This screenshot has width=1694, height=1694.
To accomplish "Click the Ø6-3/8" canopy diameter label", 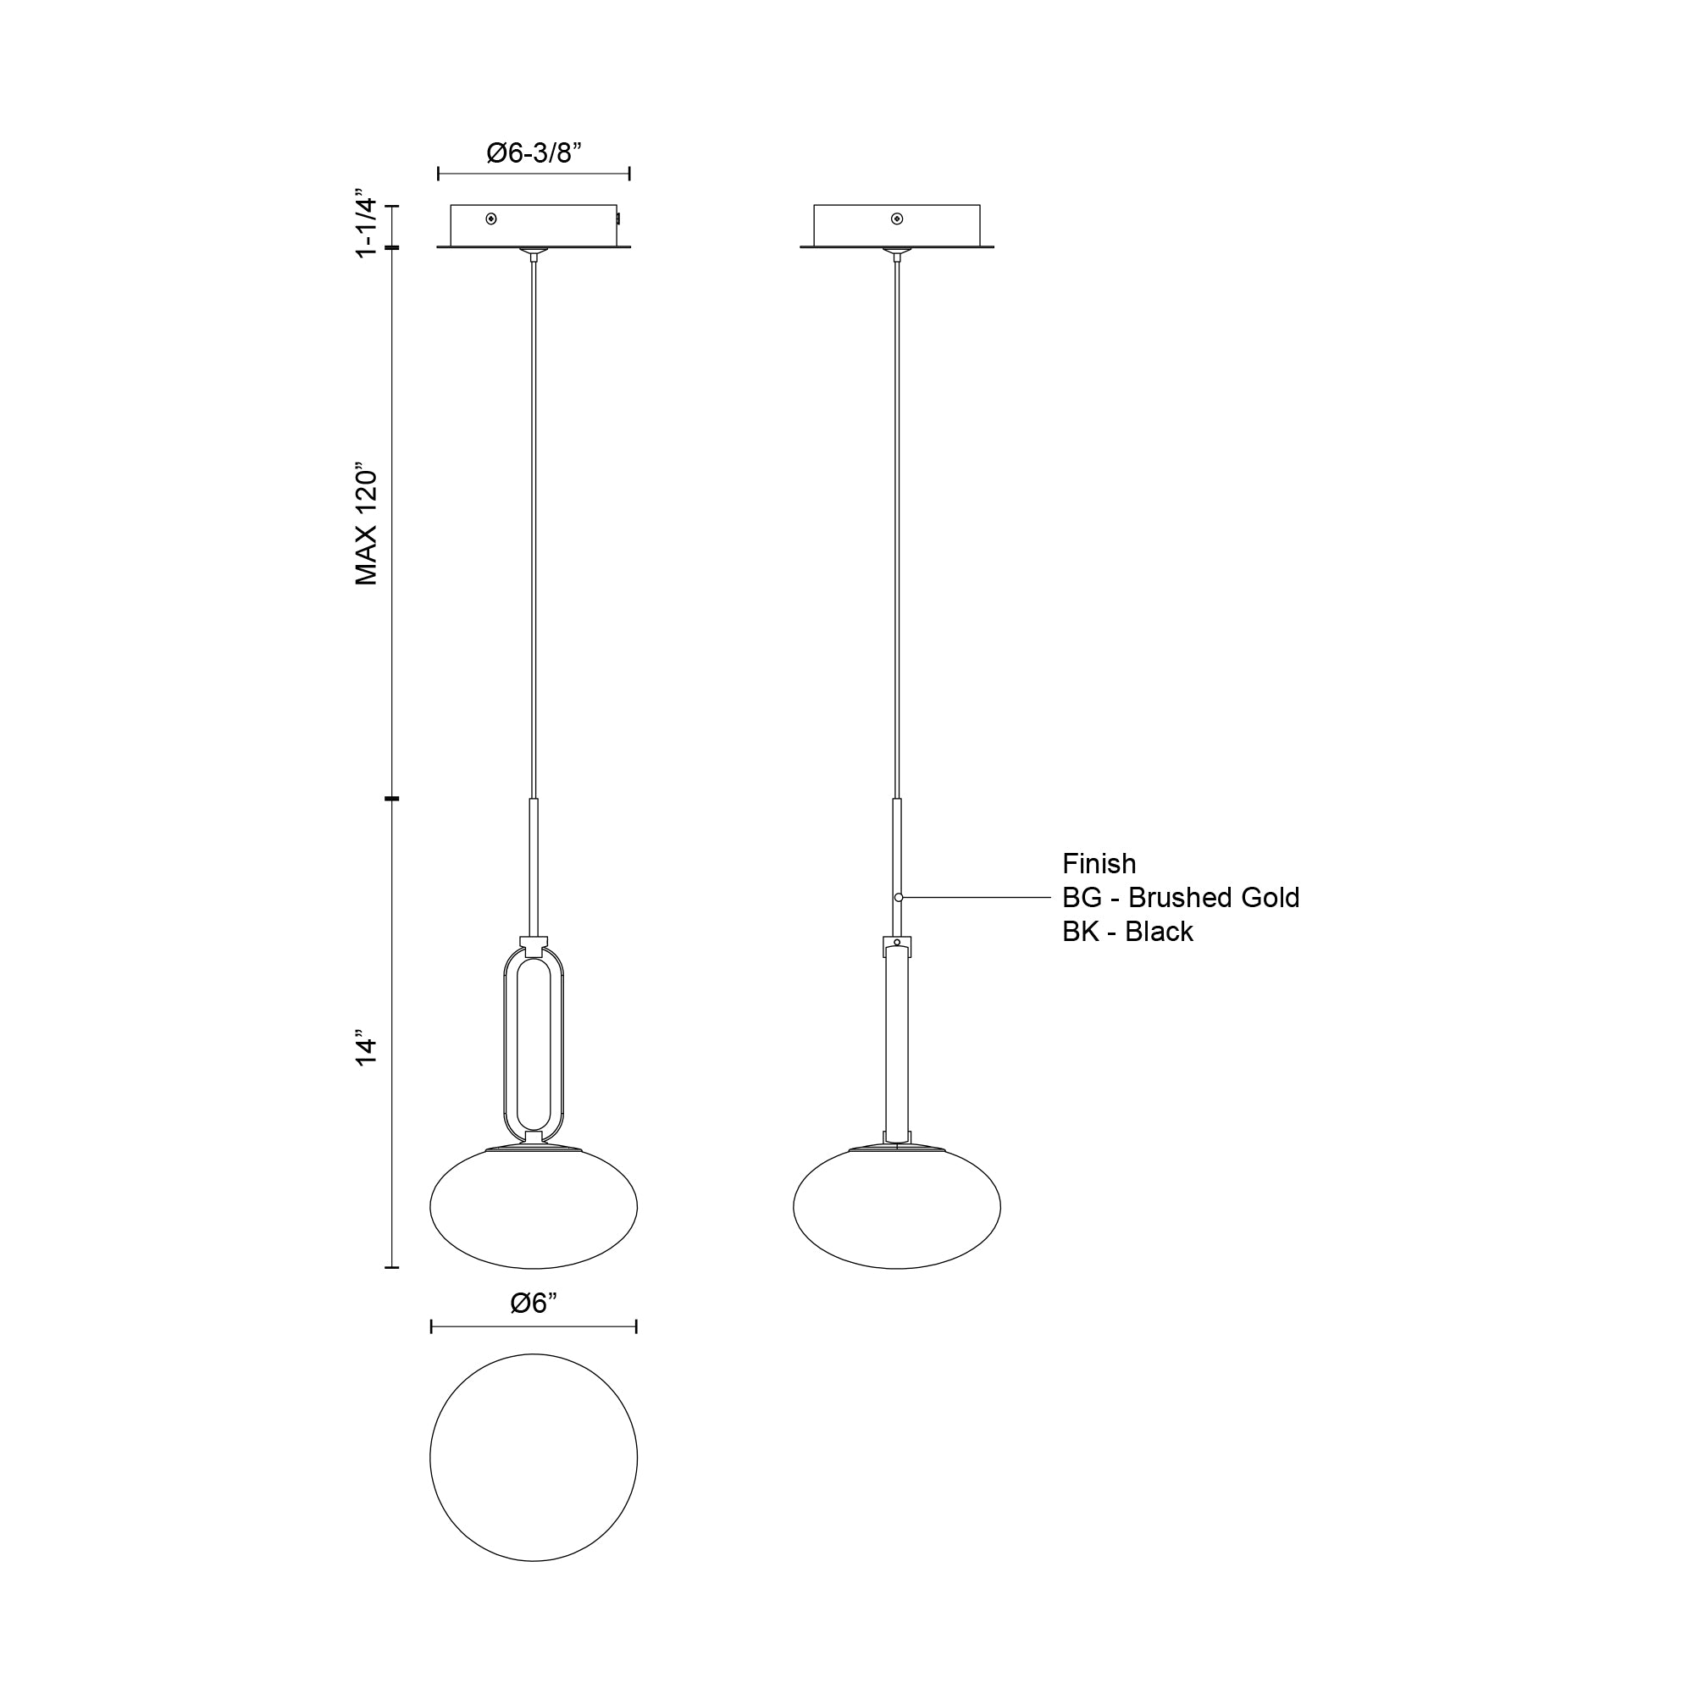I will [534, 152].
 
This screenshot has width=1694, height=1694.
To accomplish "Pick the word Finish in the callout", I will [1099, 864].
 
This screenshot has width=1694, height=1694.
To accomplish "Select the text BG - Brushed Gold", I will [1180, 898].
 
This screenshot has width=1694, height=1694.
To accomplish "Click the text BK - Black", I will [1127, 931].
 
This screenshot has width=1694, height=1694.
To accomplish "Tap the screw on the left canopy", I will [491, 219].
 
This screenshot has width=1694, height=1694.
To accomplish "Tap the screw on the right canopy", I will [896, 219].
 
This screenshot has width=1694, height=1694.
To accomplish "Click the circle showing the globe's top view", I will [534, 1457].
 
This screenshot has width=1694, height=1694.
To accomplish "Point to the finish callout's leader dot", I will [899, 898].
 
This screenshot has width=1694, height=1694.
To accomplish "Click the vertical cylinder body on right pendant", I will [896, 1044].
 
